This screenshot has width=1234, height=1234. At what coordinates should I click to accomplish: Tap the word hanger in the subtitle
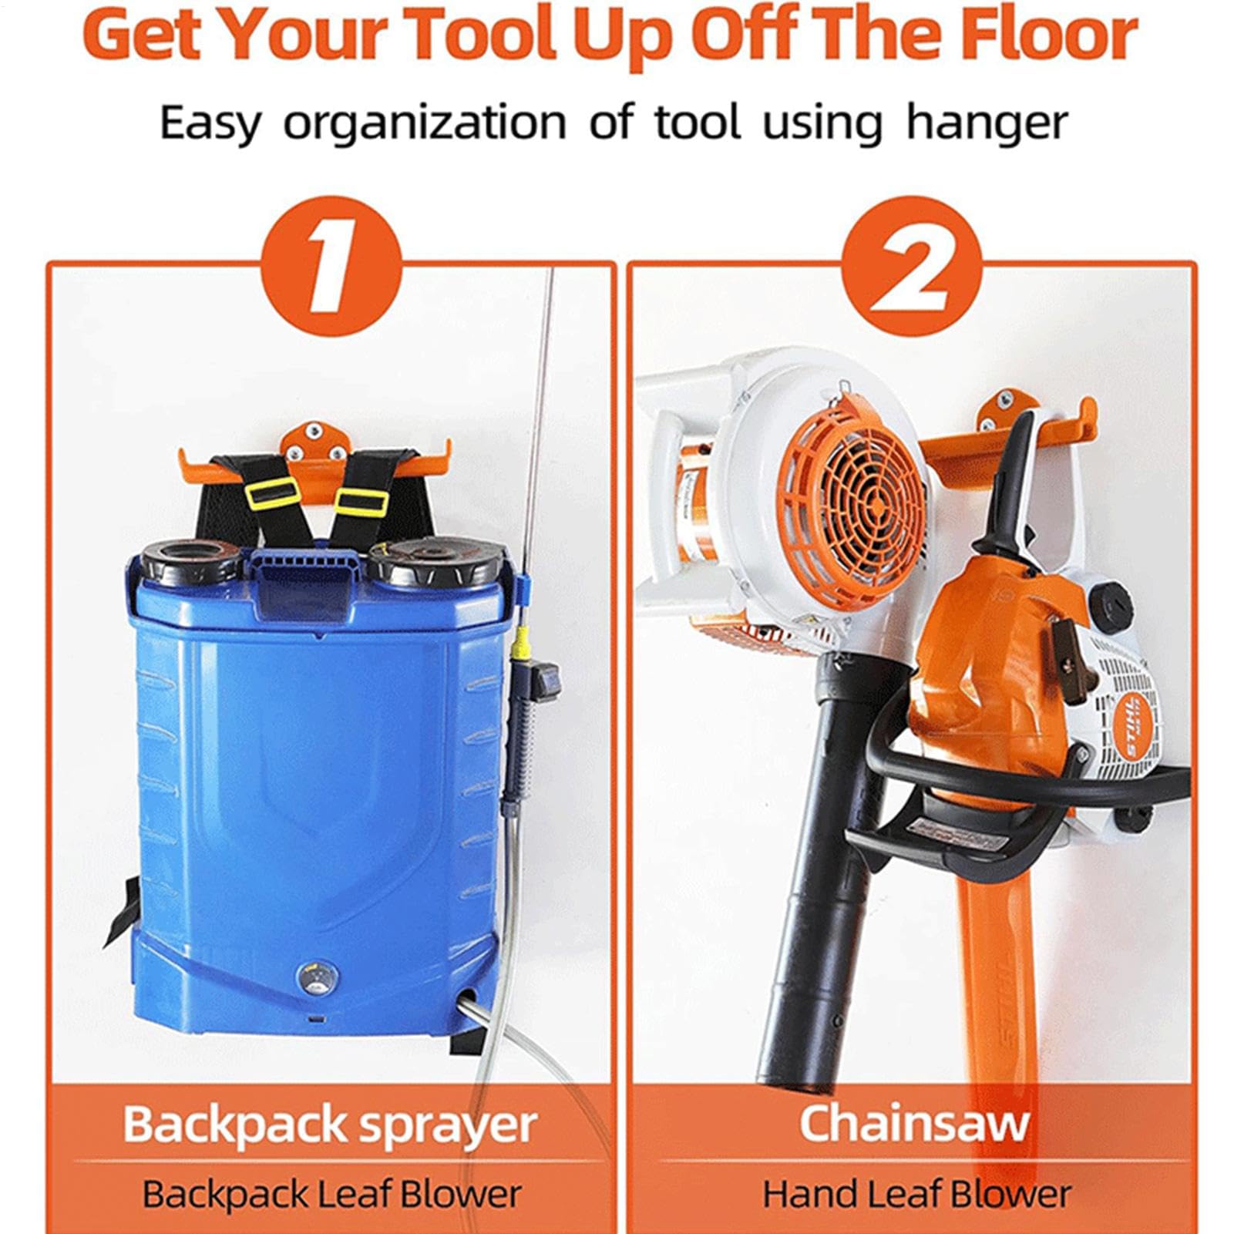click(987, 123)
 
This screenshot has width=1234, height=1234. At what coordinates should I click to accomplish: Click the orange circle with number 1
click(331, 266)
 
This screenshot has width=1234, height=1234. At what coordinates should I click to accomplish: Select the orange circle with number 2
click(912, 266)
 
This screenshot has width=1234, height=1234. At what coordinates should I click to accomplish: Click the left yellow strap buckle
click(272, 492)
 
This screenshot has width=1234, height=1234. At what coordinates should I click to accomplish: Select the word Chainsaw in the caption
click(914, 1124)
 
